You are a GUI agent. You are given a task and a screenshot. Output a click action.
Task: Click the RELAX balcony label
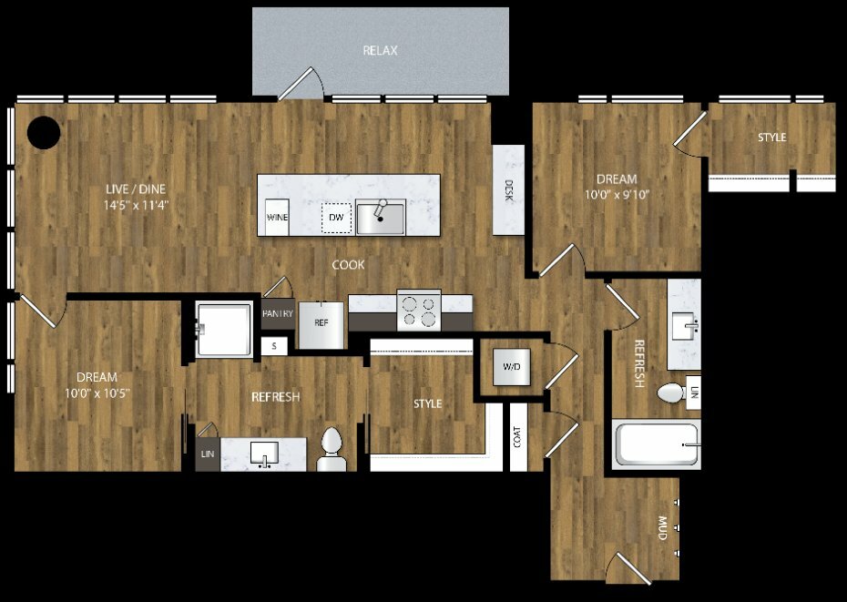[x=381, y=51]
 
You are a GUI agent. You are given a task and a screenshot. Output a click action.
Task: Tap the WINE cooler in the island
[x=277, y=218]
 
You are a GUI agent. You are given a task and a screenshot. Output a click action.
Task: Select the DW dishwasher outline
[x=337, y=218]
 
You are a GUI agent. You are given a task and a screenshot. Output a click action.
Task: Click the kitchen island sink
[x=381, y=217]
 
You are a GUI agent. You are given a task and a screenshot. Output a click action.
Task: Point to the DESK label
[x=508, y=190]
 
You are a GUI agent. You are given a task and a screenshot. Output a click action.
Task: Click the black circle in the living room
[x=44, y=132]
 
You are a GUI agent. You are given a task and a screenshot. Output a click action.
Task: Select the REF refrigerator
[x=321, y=325]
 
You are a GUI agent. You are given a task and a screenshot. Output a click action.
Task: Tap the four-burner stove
[x=419, y=311]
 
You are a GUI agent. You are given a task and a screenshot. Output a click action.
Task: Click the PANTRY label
[x=278, y=313]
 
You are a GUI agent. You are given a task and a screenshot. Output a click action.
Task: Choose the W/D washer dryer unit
[x=512, y=367]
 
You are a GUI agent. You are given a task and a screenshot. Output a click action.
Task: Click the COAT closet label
[x=517, y=437]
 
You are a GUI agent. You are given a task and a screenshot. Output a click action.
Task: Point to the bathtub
[x=657, y=444]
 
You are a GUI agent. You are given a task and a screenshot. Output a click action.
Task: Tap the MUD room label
[x=662, y=528]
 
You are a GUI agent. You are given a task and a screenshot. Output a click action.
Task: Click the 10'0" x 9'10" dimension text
[x=617, y=195]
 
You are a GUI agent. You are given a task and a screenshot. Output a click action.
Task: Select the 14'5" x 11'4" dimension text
[x=136, y=205]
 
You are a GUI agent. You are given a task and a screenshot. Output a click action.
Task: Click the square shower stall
[x=224, y=329]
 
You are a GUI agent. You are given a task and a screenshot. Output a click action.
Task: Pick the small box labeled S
[x=274, y=346]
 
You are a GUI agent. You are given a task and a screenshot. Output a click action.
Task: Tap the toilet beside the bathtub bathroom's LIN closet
[x=671, y=393]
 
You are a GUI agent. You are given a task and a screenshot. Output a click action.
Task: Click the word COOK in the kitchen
[x=348, y=265]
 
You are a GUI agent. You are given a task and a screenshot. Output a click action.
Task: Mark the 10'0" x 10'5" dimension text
[x=97, y=393]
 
